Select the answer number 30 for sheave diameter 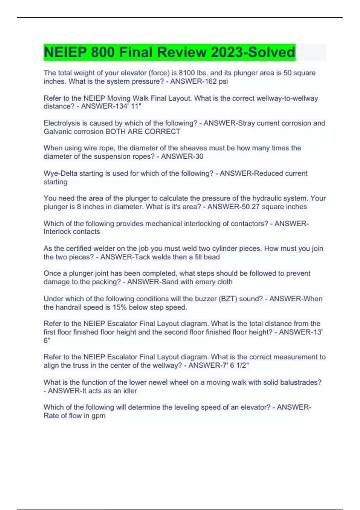199,156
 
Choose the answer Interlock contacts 72,232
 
